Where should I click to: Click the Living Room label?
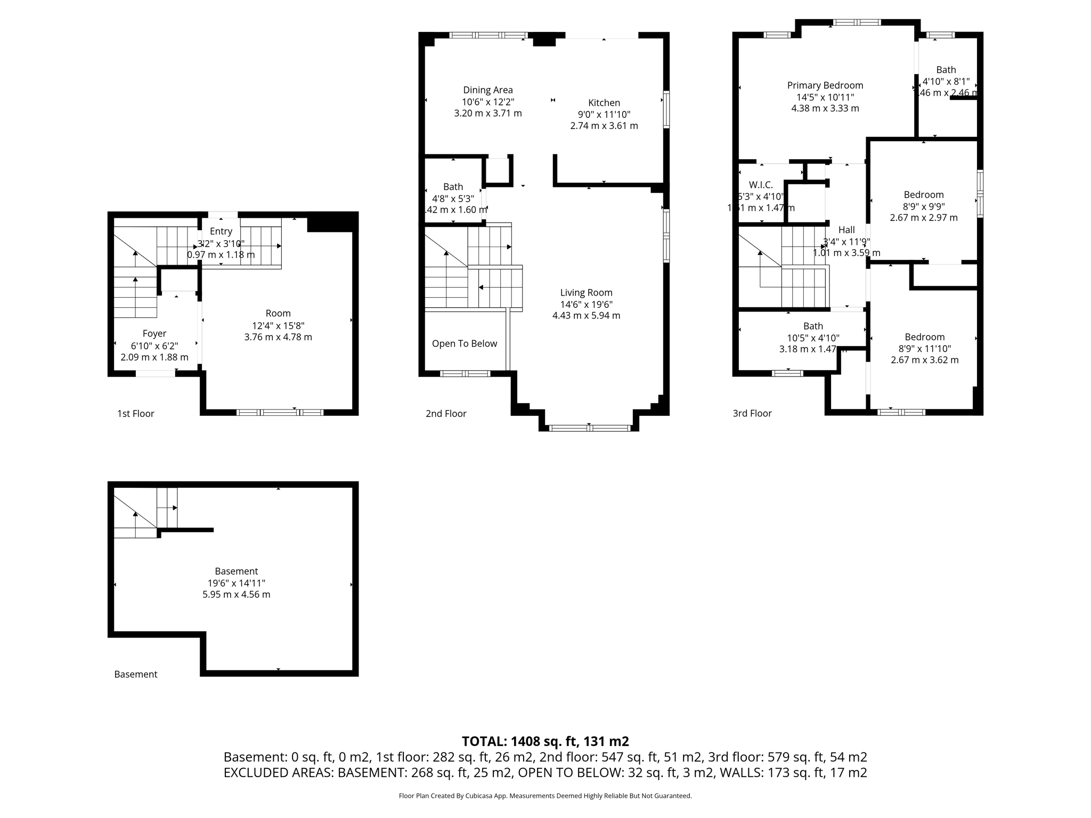pyautogui.click(x=586, y=292)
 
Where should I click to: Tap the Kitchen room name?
pyautogui.click(x=604, y=103)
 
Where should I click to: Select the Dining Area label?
pyautogui.click(x=487, y=90)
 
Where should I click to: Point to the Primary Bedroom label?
pyautogui.click(x=825, y=85)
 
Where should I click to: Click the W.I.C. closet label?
pyautogui.click(x=761, y=185)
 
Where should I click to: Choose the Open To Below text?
pyautogui.click(x=464, y=343)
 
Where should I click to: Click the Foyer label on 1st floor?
pyautogui.click(x=154, y=333)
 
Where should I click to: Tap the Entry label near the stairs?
pyautogui.click(x=221, y=231)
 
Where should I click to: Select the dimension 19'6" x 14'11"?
pyautogui.click(x=236, y=583)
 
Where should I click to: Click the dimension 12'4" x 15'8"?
pyautogui.click(x=278, y=325)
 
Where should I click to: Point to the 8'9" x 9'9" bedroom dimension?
pyautogui.click(x=923, y=207)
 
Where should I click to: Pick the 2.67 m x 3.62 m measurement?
pyautogui.click(x=924, y=360)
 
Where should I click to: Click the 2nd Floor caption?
pyautogui.click(x=446, y=414)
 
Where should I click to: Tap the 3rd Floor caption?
pyautogui.click(x=752, y=413)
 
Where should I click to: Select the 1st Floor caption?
pyautogui.click(x=135, y=414)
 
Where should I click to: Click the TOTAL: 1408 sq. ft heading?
pyautogui.click(x=545, y=741)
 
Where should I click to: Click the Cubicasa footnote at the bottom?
pyautogui.click(x=545, y=796)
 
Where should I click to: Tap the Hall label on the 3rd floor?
pyautogui.click(x=846, y=230)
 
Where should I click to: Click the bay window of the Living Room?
pyautogui.click(x=589, y=428)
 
